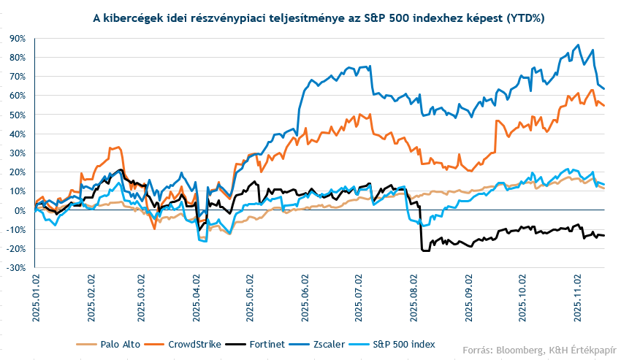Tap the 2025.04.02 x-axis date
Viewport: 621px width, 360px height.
(197, 296)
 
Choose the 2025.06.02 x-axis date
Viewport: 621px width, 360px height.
(305, 296)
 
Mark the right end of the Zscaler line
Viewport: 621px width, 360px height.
(604, 88)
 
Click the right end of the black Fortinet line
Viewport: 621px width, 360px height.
(604, 235)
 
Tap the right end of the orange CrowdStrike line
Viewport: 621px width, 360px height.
(604, 106)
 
